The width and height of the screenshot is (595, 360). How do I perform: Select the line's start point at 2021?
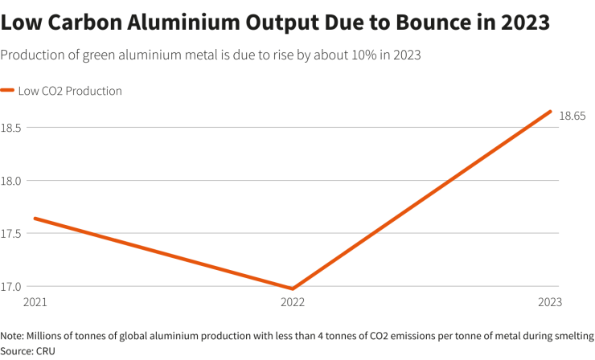pyautogui.click(x=34, y=218)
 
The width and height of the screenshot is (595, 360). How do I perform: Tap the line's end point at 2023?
pyautogui.click(x=550, y=112)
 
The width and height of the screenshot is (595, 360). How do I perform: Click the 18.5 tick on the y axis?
pyautogui.click(x=10, y=127)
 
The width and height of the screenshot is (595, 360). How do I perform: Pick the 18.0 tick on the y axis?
pyautogui.click(x=10, y=180)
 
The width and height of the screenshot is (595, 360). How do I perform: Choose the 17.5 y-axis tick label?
pyautogui.click(x=10, y=233)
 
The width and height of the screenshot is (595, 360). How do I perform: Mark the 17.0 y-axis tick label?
pyautogui.click(x=10, y=286)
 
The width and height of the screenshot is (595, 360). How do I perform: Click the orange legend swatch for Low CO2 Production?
pyautogui.click(x=7, y=91)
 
